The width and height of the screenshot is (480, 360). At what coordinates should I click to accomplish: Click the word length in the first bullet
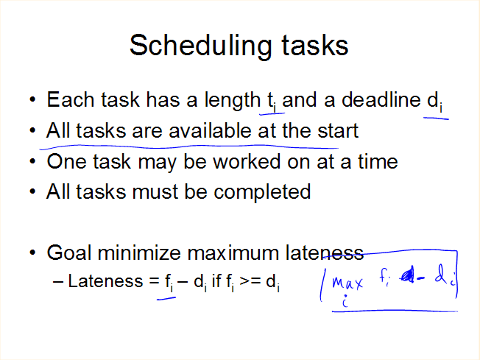[233, 101]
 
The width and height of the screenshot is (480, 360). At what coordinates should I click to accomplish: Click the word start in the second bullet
[338, 131]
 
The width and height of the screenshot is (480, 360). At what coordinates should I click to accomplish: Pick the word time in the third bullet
[378, 161]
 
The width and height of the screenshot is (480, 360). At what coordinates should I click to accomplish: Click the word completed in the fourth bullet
[262, 193]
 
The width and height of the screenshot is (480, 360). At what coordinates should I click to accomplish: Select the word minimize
[139, 253]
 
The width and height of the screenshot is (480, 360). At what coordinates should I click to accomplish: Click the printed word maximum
[233, 254]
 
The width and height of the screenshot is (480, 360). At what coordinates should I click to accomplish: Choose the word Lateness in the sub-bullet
[105, 280]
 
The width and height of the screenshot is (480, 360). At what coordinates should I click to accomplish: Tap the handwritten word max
[347, 283]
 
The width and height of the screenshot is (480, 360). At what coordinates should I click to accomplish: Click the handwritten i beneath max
[345, 300]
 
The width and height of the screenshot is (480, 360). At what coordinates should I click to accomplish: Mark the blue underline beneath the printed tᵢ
[272, 114]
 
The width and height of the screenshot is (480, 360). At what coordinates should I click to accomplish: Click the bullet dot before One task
[32, 161]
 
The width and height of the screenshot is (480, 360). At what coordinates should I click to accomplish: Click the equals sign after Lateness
[154, 280]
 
